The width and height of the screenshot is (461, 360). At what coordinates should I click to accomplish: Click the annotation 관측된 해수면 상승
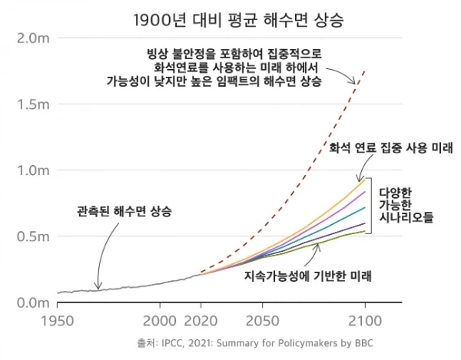tap(124, 210)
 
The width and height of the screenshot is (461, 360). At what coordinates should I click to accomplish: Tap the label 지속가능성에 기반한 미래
tap(307, 275)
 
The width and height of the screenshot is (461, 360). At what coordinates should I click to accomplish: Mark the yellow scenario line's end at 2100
tap(364, 178)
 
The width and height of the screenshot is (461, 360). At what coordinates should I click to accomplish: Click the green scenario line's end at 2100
tap(364, 231)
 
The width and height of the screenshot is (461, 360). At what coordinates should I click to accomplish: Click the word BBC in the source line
tap(370, 343)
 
